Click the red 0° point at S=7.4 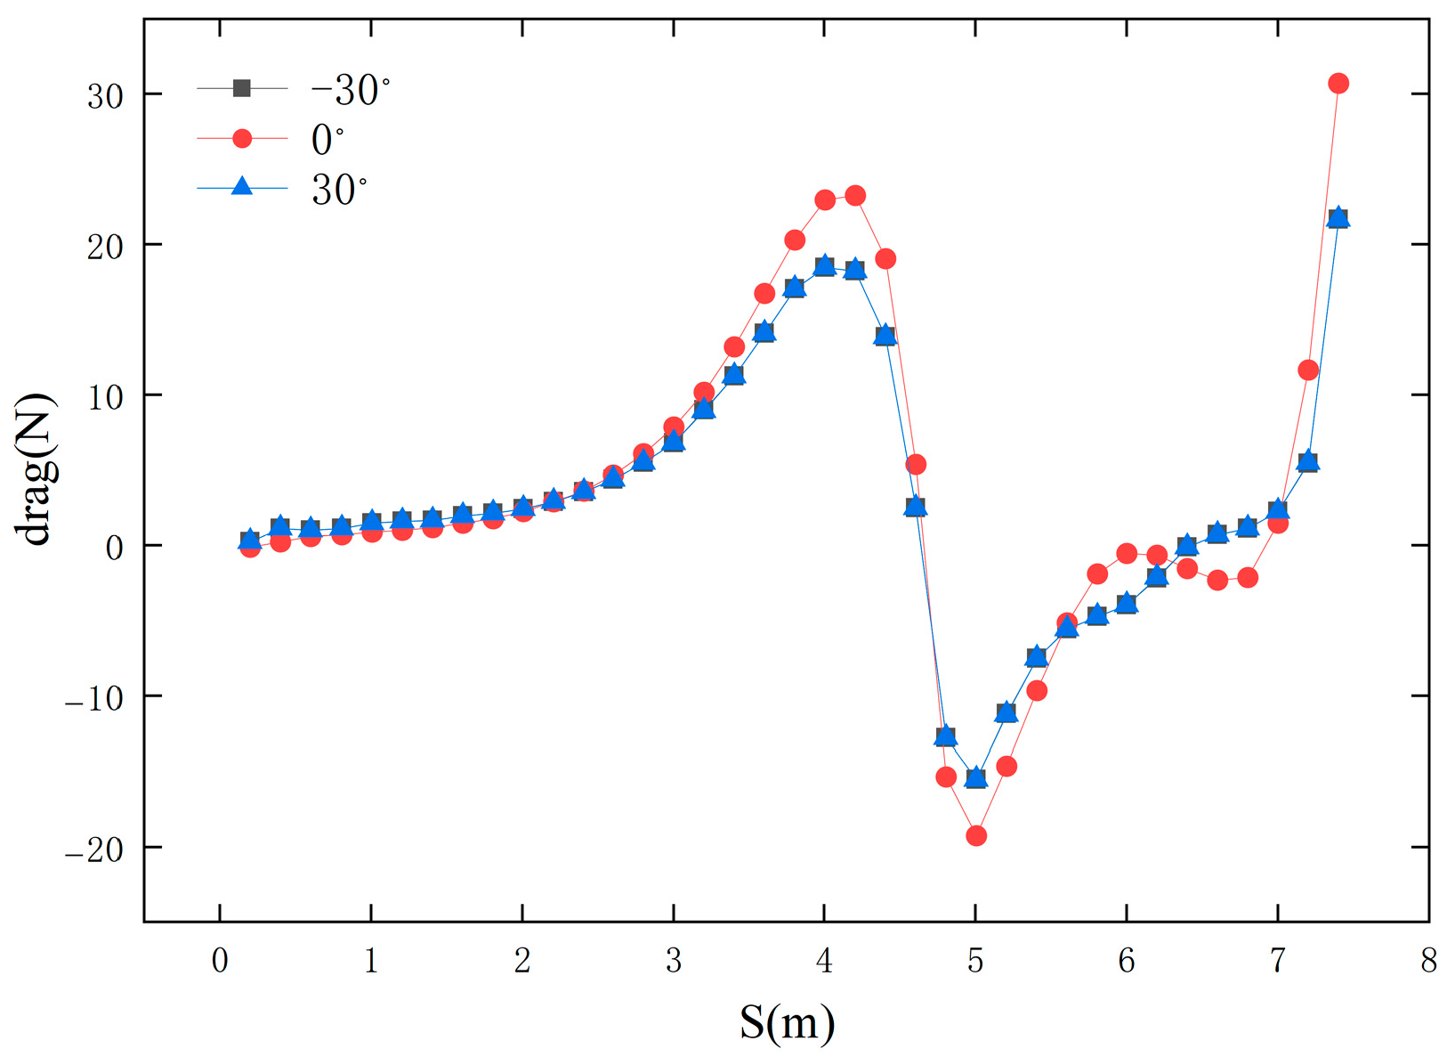coord(1338,84)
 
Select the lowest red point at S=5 coord(975,835)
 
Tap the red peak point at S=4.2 coord(854,196)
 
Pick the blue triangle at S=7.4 coord(1338,218)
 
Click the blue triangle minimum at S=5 coord(975,778)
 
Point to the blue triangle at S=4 coord(824,265)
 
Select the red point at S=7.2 coord(1307,370)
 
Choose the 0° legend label coord(327,140)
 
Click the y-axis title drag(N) coord(36,469)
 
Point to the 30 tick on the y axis coord(105,95)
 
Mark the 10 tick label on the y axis coord(105,396)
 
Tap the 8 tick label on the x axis coord(1428,961)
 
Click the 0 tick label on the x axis coord(220,961)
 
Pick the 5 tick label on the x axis coord(975,961)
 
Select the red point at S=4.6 coord(915,464)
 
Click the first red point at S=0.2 coord(250,547)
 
